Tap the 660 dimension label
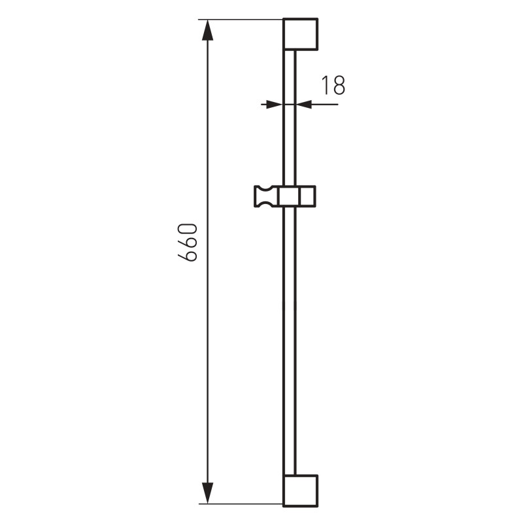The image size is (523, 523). (x=188, y=242)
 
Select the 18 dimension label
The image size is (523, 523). (x=333, y=85)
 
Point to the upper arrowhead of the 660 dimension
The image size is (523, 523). (x=207, y=30)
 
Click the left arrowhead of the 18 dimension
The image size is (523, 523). (x=274, y=105)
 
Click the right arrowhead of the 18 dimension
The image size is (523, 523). (x=304, y=105)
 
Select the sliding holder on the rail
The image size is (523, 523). (x=285, y=197)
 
